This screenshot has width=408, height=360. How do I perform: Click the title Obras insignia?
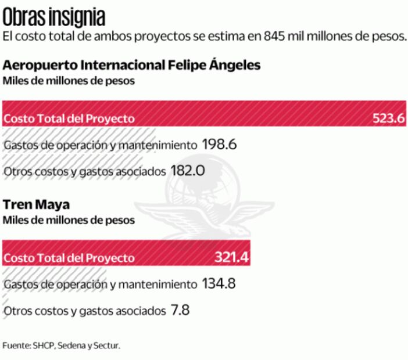click(x=53, y=16)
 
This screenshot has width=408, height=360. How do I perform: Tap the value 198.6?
click(x=219, y=145)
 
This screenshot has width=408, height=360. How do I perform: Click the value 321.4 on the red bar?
click(x=232, y=257)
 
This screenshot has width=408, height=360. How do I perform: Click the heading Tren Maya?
click(x=36, y=205)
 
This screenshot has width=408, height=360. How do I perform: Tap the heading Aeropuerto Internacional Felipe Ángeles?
click(x=131, y=64)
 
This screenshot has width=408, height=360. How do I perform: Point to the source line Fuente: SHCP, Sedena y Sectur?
click(x=61, y=345)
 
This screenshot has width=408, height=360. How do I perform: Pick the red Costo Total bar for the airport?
click(x=203, y=114)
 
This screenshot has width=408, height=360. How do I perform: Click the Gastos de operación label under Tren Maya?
click(x=100, y=285)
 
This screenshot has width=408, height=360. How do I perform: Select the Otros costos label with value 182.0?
click(x=84, y=171)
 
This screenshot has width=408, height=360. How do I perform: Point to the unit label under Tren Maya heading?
click(x=69, y=221)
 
